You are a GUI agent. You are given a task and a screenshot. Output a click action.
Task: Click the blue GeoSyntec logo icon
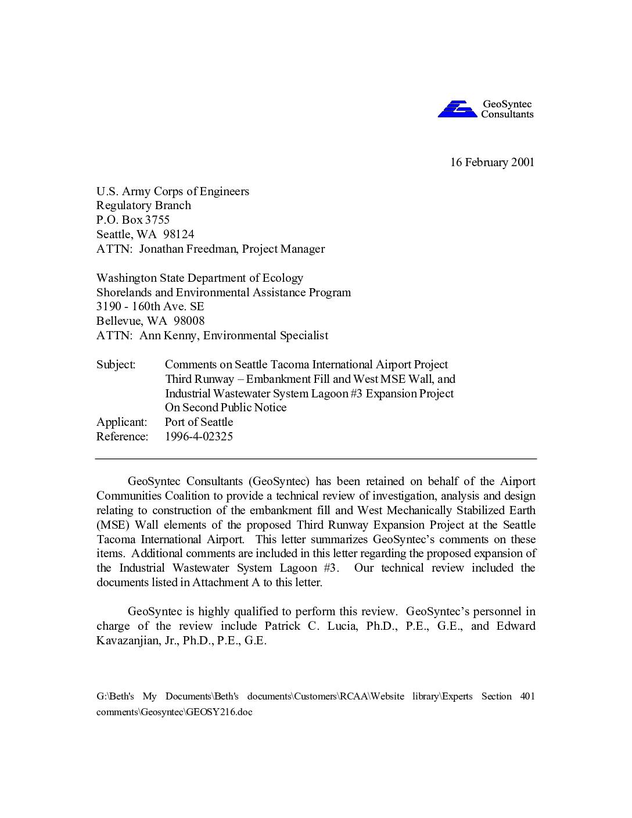[x=457, y=109]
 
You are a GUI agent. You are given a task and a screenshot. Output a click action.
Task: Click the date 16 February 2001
[x=492, y=162]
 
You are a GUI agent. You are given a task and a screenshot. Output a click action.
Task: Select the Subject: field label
[x=116, y=364]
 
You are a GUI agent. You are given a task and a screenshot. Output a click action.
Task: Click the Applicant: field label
[x=121, y=422]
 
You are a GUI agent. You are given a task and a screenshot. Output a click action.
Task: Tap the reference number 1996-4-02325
[x=199, y=436]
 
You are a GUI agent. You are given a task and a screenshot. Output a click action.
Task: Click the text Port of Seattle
[x=199, y=422]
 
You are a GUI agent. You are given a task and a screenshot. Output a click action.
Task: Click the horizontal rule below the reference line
[x=316, y=459]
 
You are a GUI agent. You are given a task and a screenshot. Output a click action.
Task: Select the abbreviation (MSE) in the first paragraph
[x=113, y=525]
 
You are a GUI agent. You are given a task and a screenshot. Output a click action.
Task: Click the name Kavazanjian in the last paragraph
[x=124, y=641]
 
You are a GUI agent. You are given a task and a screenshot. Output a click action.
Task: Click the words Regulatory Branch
[x=143, y=205]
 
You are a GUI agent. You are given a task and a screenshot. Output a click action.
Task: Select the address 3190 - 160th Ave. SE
[x=150, y=306]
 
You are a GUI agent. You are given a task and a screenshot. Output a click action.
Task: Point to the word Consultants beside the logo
[x=507, y=114]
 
